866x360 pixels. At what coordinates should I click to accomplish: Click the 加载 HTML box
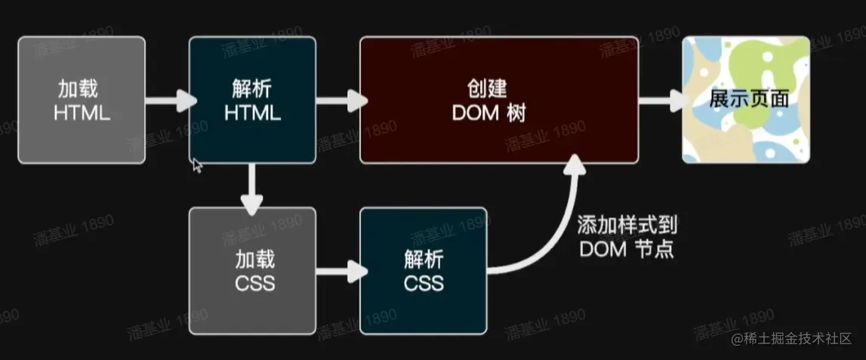click(x=82, y=100)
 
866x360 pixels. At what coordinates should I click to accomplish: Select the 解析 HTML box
click(x=252, y=100)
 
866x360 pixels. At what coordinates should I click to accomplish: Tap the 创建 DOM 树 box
click(x=499, y=100)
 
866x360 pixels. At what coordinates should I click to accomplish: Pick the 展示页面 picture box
click(x=746, y=100)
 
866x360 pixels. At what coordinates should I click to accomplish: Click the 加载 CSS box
click(x=252, y=271)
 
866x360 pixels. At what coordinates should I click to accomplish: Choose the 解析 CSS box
click(x=424, y=271)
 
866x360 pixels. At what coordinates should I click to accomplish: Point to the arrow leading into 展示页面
click(x=661, y=100)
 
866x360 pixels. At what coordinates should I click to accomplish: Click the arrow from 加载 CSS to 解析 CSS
click(x=338, y=271)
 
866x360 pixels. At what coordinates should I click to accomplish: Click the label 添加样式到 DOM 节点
click(x=627, y=237)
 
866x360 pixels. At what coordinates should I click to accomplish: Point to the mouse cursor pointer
click(x=197, y=165)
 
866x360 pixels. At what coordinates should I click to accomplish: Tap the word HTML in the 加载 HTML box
click(x=82, y=114)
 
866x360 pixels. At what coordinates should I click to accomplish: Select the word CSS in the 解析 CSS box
click(x=424, y=284)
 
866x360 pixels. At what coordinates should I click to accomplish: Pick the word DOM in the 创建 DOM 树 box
click(x=479, y=113)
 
